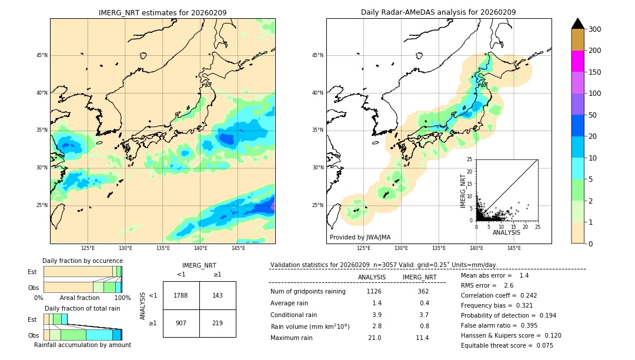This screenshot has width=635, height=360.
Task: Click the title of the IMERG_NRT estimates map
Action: [162, 12]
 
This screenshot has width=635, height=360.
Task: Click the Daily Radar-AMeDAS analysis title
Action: [438, 12]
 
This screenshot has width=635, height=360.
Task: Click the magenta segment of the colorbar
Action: [578, 61]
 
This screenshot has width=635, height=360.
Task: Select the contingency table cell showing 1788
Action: [181, 295]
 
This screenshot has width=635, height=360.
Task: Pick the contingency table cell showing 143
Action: [218, 295]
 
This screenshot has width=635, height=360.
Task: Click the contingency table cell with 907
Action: [181, 323]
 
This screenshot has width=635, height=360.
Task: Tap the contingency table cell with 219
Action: [218, 323]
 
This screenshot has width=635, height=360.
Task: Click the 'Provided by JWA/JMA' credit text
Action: [360, 238]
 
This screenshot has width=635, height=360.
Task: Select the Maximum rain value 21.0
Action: [375, 338]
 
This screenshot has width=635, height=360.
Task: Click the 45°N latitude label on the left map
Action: [42, 55]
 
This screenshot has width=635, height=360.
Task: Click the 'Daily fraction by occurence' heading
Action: [82, 261]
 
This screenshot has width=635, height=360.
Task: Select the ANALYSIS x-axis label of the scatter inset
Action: [506, 232]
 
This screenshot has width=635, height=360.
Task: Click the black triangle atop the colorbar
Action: [578, 24]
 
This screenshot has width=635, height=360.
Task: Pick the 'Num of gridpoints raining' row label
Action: [308, 291]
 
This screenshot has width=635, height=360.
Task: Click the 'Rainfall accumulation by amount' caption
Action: [82, 345]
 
